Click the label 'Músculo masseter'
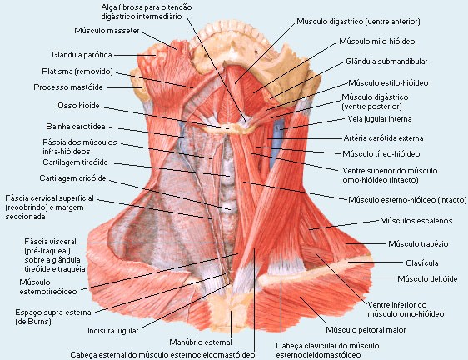[107, 31]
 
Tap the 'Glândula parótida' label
[82, 55]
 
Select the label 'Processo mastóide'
[68, 87]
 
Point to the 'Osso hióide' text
[78, 106]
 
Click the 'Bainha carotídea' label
[76, 127]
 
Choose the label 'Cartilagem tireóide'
[75, 162]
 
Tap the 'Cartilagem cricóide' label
[72, 178]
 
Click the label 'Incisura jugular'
[113, 331]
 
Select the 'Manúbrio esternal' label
[201, 342]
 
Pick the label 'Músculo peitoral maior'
[366, 330]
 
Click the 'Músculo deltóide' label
[427, 278]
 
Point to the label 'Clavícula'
[422, 262]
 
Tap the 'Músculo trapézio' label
[418, 244]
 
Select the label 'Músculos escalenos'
[416, 221]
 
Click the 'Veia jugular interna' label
[380, 119]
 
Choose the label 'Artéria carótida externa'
[384, 138]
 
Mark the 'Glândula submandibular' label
[386, 62]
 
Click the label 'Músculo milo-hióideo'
[377, 41]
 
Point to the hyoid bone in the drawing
[230, 127]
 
